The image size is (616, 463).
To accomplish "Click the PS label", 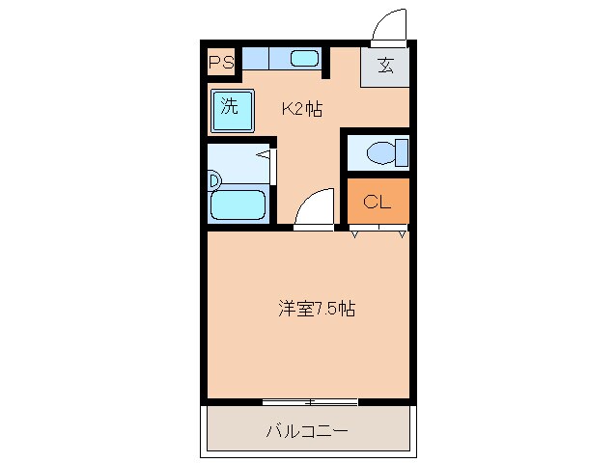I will point(221,64).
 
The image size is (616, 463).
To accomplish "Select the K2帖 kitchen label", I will point(301,109).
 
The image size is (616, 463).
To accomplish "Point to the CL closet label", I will point(377,202).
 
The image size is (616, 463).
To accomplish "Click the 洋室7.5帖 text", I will point(317,310).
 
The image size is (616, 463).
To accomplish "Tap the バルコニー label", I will point(306,430).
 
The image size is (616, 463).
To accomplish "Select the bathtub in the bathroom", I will point(237,204).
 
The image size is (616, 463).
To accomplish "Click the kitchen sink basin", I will point(304,59).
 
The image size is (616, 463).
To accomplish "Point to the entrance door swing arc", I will point(388,21).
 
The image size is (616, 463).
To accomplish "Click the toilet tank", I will point(402,152).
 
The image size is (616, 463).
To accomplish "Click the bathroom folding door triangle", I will point(264,153).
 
